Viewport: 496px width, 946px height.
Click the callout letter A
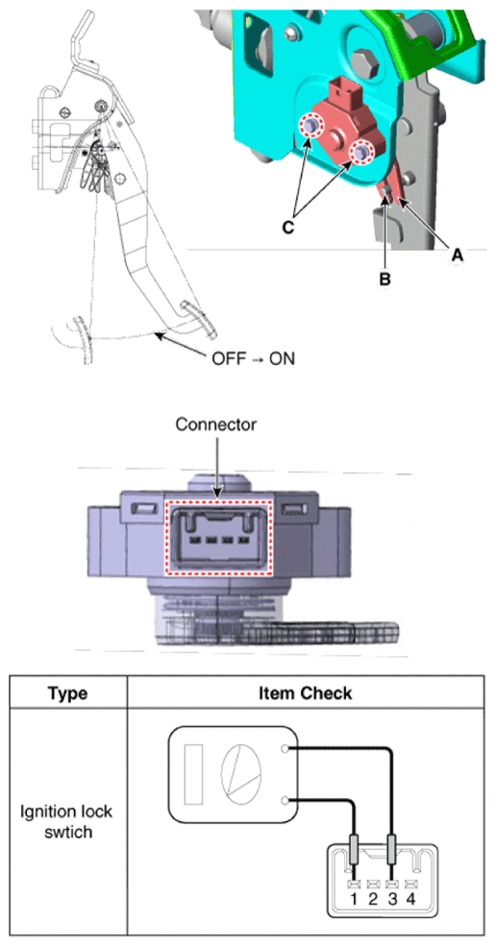pos(458,255)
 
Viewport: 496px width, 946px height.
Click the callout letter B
pos(384,279)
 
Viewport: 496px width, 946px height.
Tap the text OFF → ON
pos(253,358)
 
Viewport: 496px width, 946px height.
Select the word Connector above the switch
pos(216,424)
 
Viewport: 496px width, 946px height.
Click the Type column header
pos(67,693)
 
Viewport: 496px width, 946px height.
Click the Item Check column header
pos(305,693)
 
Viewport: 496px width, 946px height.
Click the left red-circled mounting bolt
pos(311,126)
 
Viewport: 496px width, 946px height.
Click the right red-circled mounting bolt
pos(361,152)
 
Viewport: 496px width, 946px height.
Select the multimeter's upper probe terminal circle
pos(285,749)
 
